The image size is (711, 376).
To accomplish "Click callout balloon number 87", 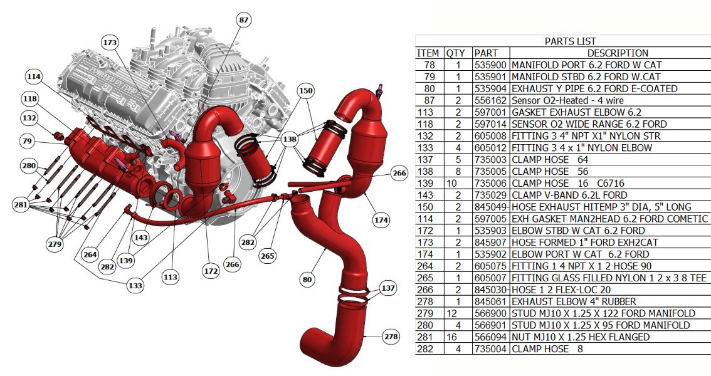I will pyautogui.click(x=244, y=19).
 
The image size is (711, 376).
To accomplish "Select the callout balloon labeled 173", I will pyautogui.click(x=110, y=43).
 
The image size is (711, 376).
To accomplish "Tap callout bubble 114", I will pyautogui.click(x=34, y=76).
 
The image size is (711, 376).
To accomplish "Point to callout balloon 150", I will pyautogui.click(x=306, y=91).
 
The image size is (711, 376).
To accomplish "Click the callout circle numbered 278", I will pyautogui.click(x=391, y=337).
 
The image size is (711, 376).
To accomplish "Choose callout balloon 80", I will pyautogui.click(x=307, y=279).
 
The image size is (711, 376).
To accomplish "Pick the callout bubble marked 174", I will pyautogui.click(x=381, y=220).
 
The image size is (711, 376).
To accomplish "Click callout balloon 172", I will pyautogui.click(x=211, y=271).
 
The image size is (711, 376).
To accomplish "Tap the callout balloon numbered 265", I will pyautogui.click(x=268, y=256).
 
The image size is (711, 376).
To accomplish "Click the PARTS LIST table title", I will pyautogui.click(x=570, y=41).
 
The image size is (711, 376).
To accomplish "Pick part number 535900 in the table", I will pyautogui.click(x=490, y=65).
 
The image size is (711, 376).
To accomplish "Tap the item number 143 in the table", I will pyautogui.click(x=429, y=195).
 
